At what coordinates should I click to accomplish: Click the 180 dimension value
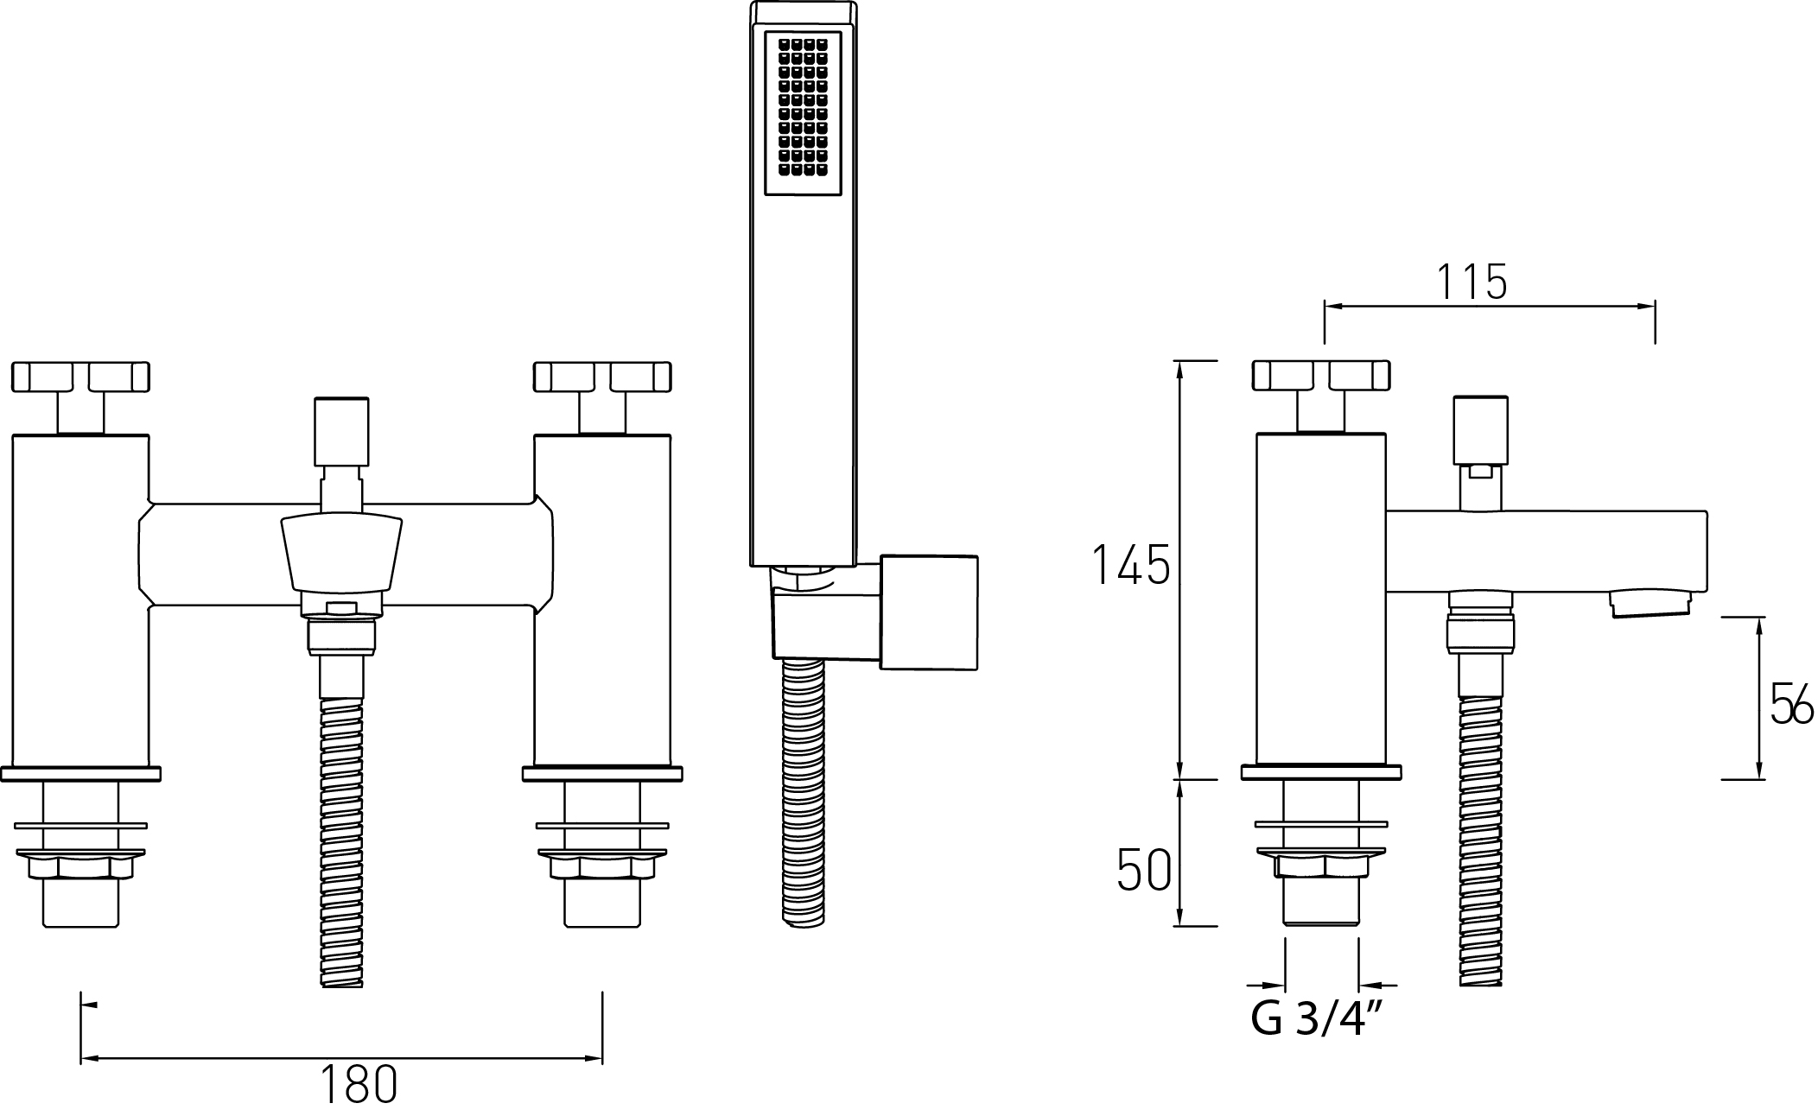359,1086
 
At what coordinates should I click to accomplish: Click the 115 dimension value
1472,282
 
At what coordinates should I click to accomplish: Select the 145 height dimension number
1132,565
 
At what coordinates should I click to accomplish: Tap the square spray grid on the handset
803,116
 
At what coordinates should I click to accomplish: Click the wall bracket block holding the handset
929,612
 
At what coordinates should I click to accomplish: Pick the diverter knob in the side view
1481,429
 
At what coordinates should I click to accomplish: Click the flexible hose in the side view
1481,829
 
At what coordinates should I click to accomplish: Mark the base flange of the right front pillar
602,773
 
